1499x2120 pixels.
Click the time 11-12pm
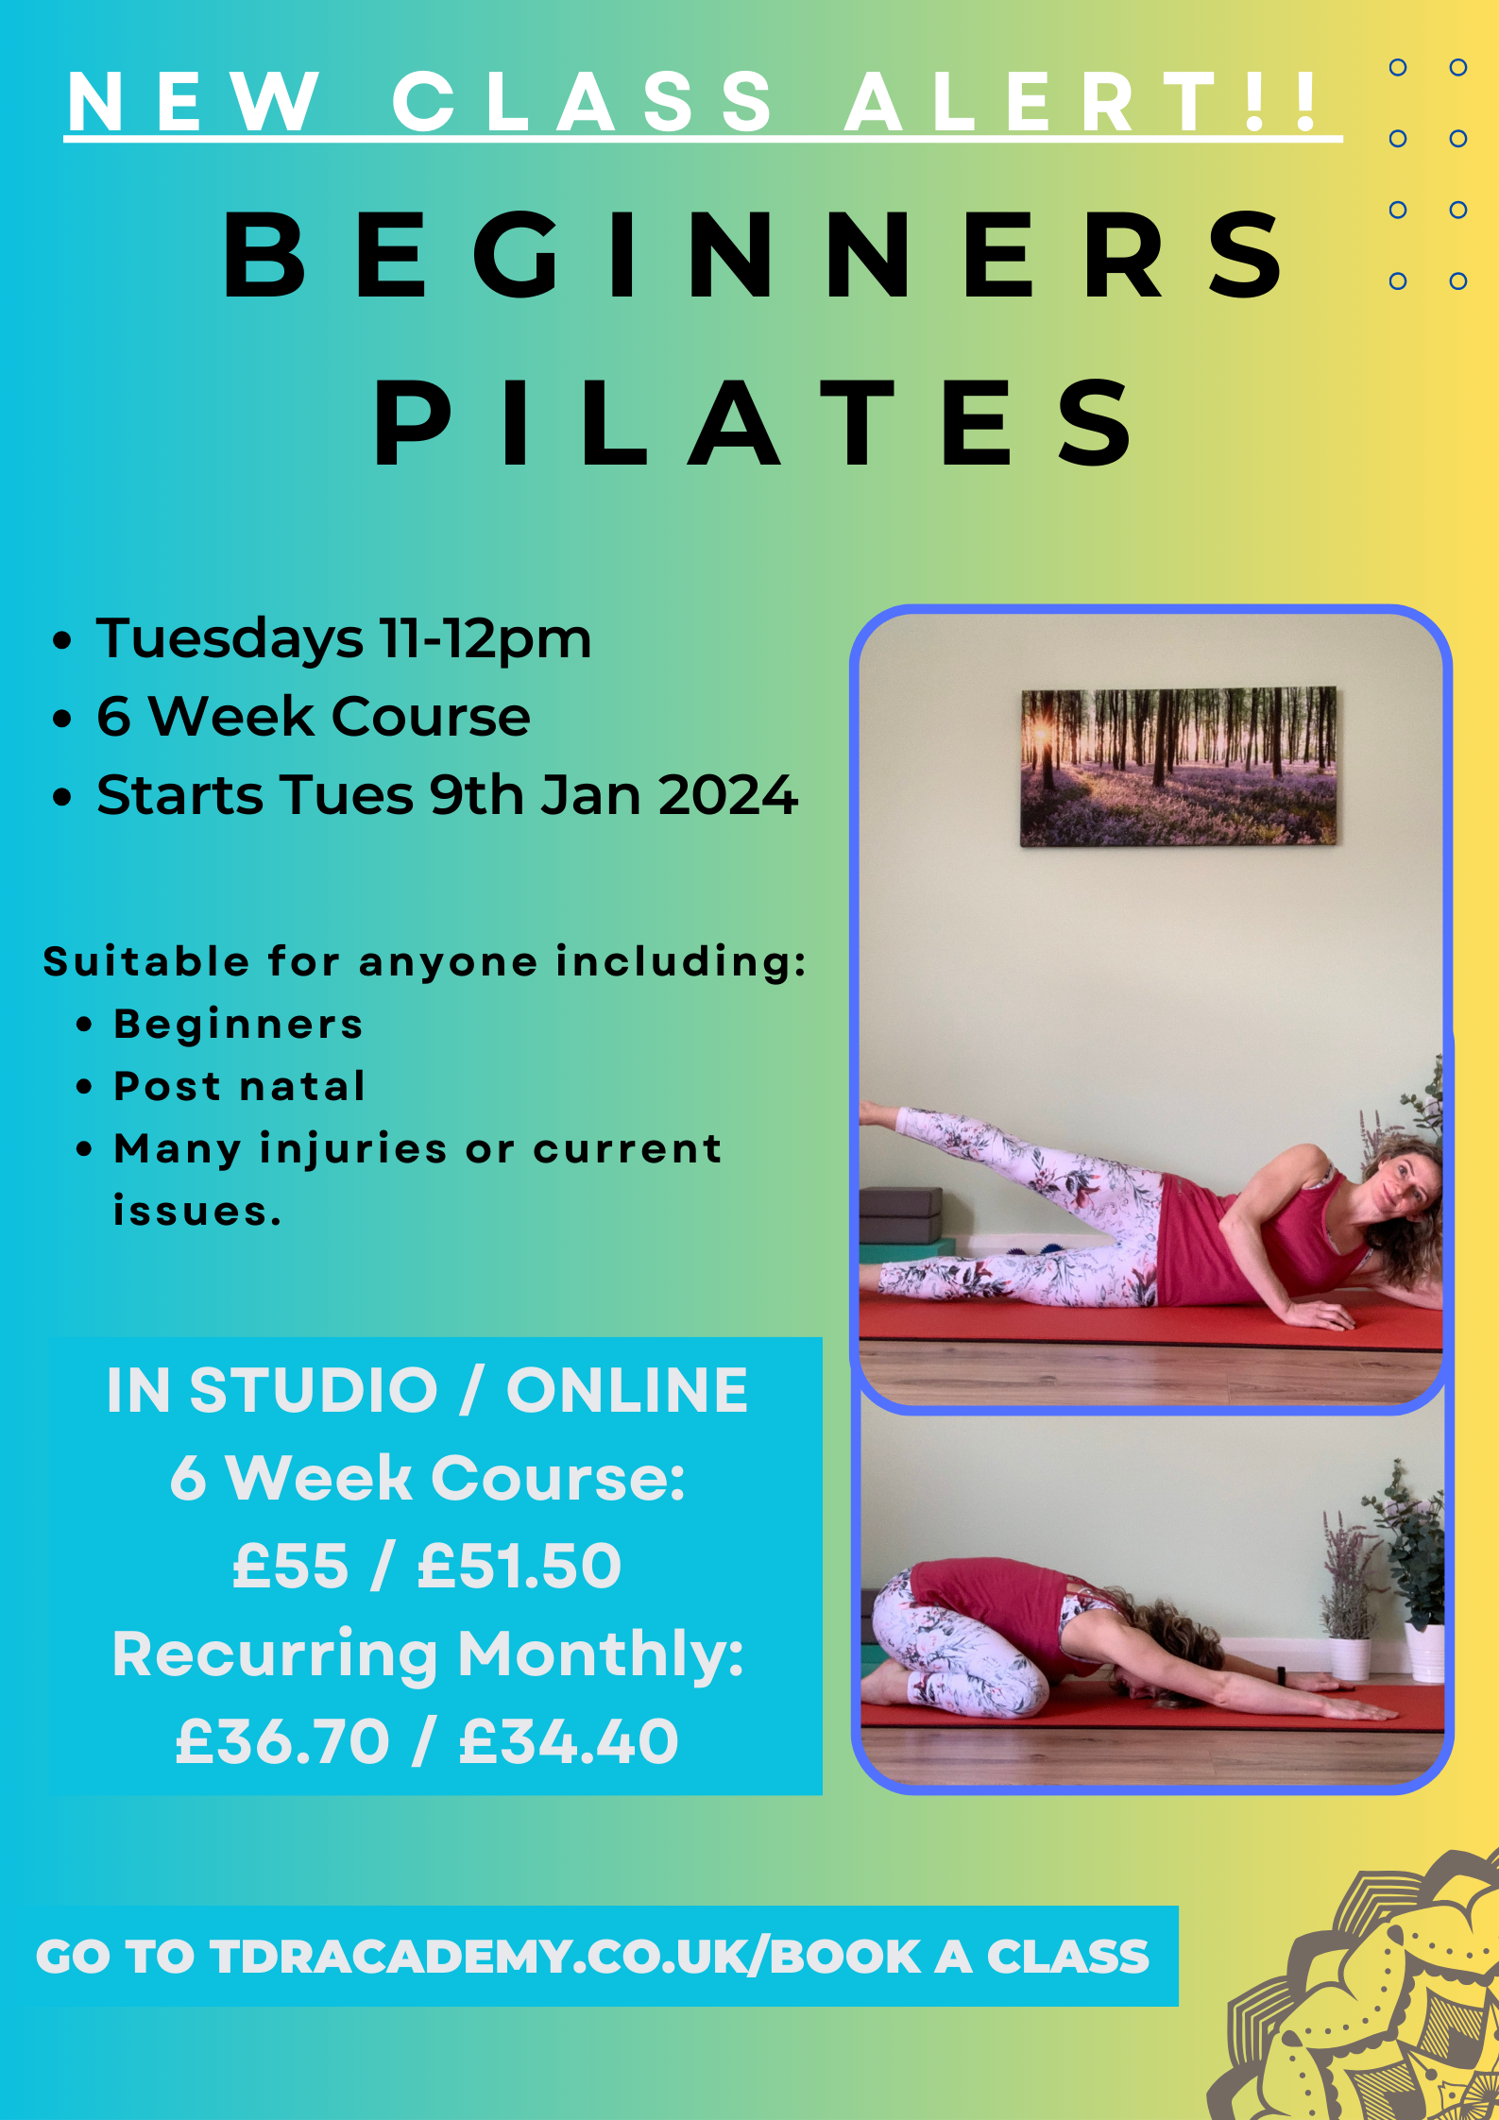click(x=485, y=640)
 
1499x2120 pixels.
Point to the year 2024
click(x=728, y=795)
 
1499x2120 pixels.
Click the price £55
click(x=290, y=1567)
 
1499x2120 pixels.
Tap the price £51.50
click(x=520, y=1567)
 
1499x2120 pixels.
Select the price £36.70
click(x=282, y=1742)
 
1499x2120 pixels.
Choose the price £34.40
click(x=569, y=1742)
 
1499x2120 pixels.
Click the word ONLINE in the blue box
click(x=627, y=1391)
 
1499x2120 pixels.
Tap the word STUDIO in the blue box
click(x=314, y=1391)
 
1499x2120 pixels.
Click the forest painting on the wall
click(x=1179, y=766)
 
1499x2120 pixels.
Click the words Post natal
click(x=239, y=1087)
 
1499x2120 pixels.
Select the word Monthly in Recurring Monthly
click(x=601, y=1655)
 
